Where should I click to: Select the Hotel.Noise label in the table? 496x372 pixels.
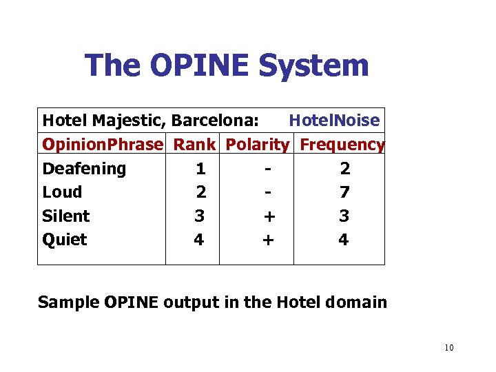334,121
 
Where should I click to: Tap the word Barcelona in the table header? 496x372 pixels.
215,121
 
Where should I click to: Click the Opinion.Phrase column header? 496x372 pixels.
103,145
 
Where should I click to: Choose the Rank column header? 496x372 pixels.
194,145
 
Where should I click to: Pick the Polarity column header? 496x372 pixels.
258,145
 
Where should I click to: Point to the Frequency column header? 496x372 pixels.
342,145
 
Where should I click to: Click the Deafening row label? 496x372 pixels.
84,169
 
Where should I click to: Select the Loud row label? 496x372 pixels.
62,192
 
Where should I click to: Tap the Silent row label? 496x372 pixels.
66,216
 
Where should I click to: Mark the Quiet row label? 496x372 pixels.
65,240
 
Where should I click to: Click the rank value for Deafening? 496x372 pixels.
200,169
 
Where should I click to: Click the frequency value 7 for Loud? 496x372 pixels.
344,192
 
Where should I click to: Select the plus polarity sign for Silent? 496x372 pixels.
269,216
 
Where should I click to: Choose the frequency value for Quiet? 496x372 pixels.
344,240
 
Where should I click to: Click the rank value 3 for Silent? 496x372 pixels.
199,216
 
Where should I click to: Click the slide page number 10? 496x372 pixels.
449,347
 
